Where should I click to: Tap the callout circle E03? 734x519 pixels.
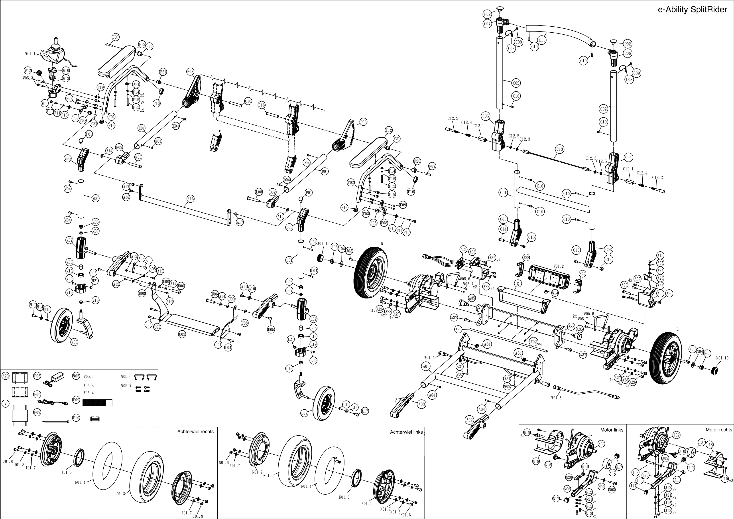[x=190, y=72]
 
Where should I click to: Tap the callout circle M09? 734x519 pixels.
[x=74, y=342]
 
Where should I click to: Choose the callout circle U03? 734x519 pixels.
[x=182, y=334]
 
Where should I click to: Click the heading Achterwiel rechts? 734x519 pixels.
[x=195, y=431]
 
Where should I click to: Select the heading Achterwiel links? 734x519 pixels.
[x=406, y=432]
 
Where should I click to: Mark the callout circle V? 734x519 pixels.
[x=6, y=404]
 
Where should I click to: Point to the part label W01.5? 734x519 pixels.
[x=556, y=398]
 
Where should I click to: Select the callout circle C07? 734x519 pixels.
[x=487, y=24]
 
